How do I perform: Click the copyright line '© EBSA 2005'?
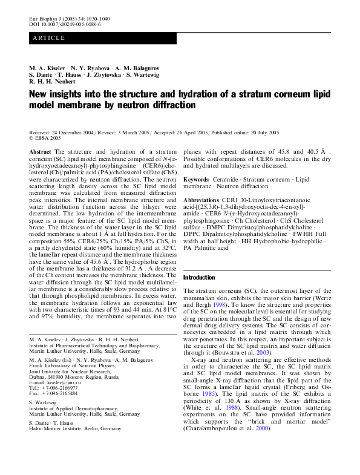pyautogui.click(x=46, y=138)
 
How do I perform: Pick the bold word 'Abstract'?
pyautogui.click(x=41, y=151)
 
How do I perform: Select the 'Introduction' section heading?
pyautogui.click(x=198, y=277)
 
